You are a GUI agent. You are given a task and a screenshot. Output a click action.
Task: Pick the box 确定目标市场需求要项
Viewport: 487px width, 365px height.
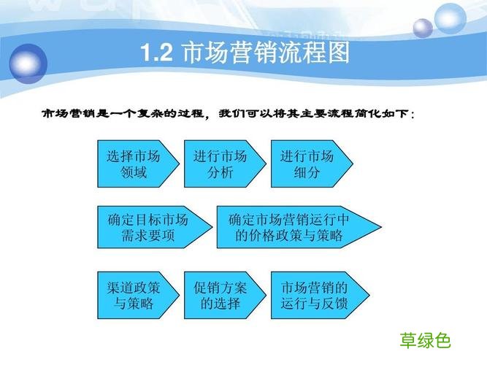[x=151, y=227]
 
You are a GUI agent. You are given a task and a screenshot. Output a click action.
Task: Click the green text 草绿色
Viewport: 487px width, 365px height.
[x=426, y=340]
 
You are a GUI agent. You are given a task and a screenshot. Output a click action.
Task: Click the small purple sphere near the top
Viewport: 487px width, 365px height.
[x=423, y=28]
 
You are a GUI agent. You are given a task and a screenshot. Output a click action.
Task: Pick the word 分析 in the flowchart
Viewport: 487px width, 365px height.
[x=221, y=173]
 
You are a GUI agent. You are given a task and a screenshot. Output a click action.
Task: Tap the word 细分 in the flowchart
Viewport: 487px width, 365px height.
[x=307, y=173]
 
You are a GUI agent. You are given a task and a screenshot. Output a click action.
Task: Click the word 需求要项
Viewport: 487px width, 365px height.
[x=147, y=236]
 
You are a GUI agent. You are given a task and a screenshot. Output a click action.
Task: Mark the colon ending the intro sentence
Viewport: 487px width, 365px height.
[x=415, y=115]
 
